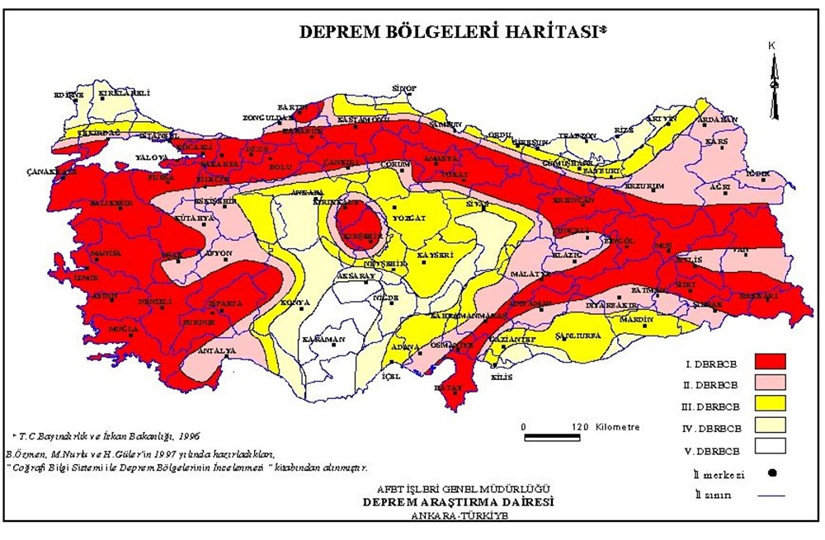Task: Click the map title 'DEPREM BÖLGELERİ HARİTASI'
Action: point(450,32)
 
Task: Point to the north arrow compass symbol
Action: point(773,82)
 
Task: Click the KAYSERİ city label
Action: point(435,256)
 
